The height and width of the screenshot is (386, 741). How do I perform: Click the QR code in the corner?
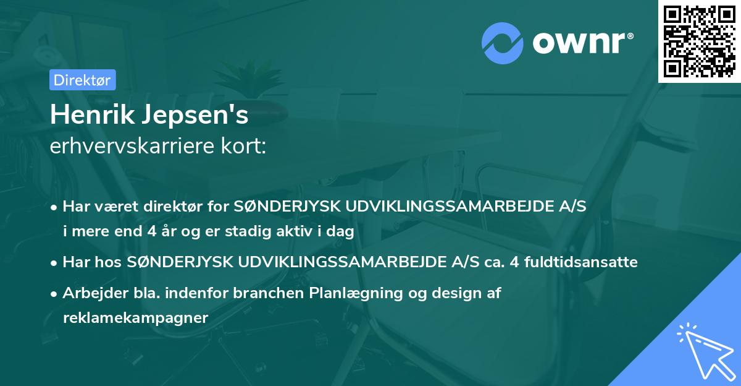click(700, 41)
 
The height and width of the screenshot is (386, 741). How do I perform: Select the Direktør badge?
click(82, 80)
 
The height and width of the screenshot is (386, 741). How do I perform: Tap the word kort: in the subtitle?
click(246, 145)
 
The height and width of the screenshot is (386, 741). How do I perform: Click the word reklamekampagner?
click(136, 317)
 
